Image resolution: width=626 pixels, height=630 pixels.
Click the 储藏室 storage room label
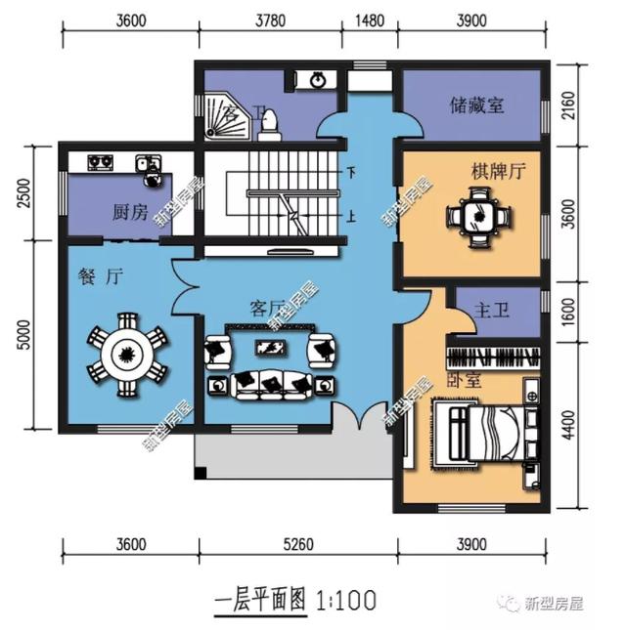point(477,105)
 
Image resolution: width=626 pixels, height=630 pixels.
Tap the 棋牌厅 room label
point(498,171)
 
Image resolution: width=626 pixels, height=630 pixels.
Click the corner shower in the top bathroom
point(212,115)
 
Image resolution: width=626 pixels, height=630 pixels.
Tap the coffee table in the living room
point(266,348)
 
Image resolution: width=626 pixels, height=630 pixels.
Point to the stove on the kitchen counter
point(100,162)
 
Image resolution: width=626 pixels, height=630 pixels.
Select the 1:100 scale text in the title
point(346,597)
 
